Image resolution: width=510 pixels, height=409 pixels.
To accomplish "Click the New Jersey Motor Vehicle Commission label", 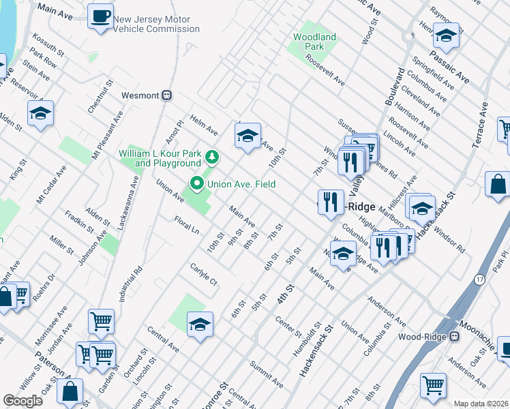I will [x=156, y=25].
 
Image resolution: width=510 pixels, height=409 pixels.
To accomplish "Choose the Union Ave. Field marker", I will [x=198, y=183].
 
